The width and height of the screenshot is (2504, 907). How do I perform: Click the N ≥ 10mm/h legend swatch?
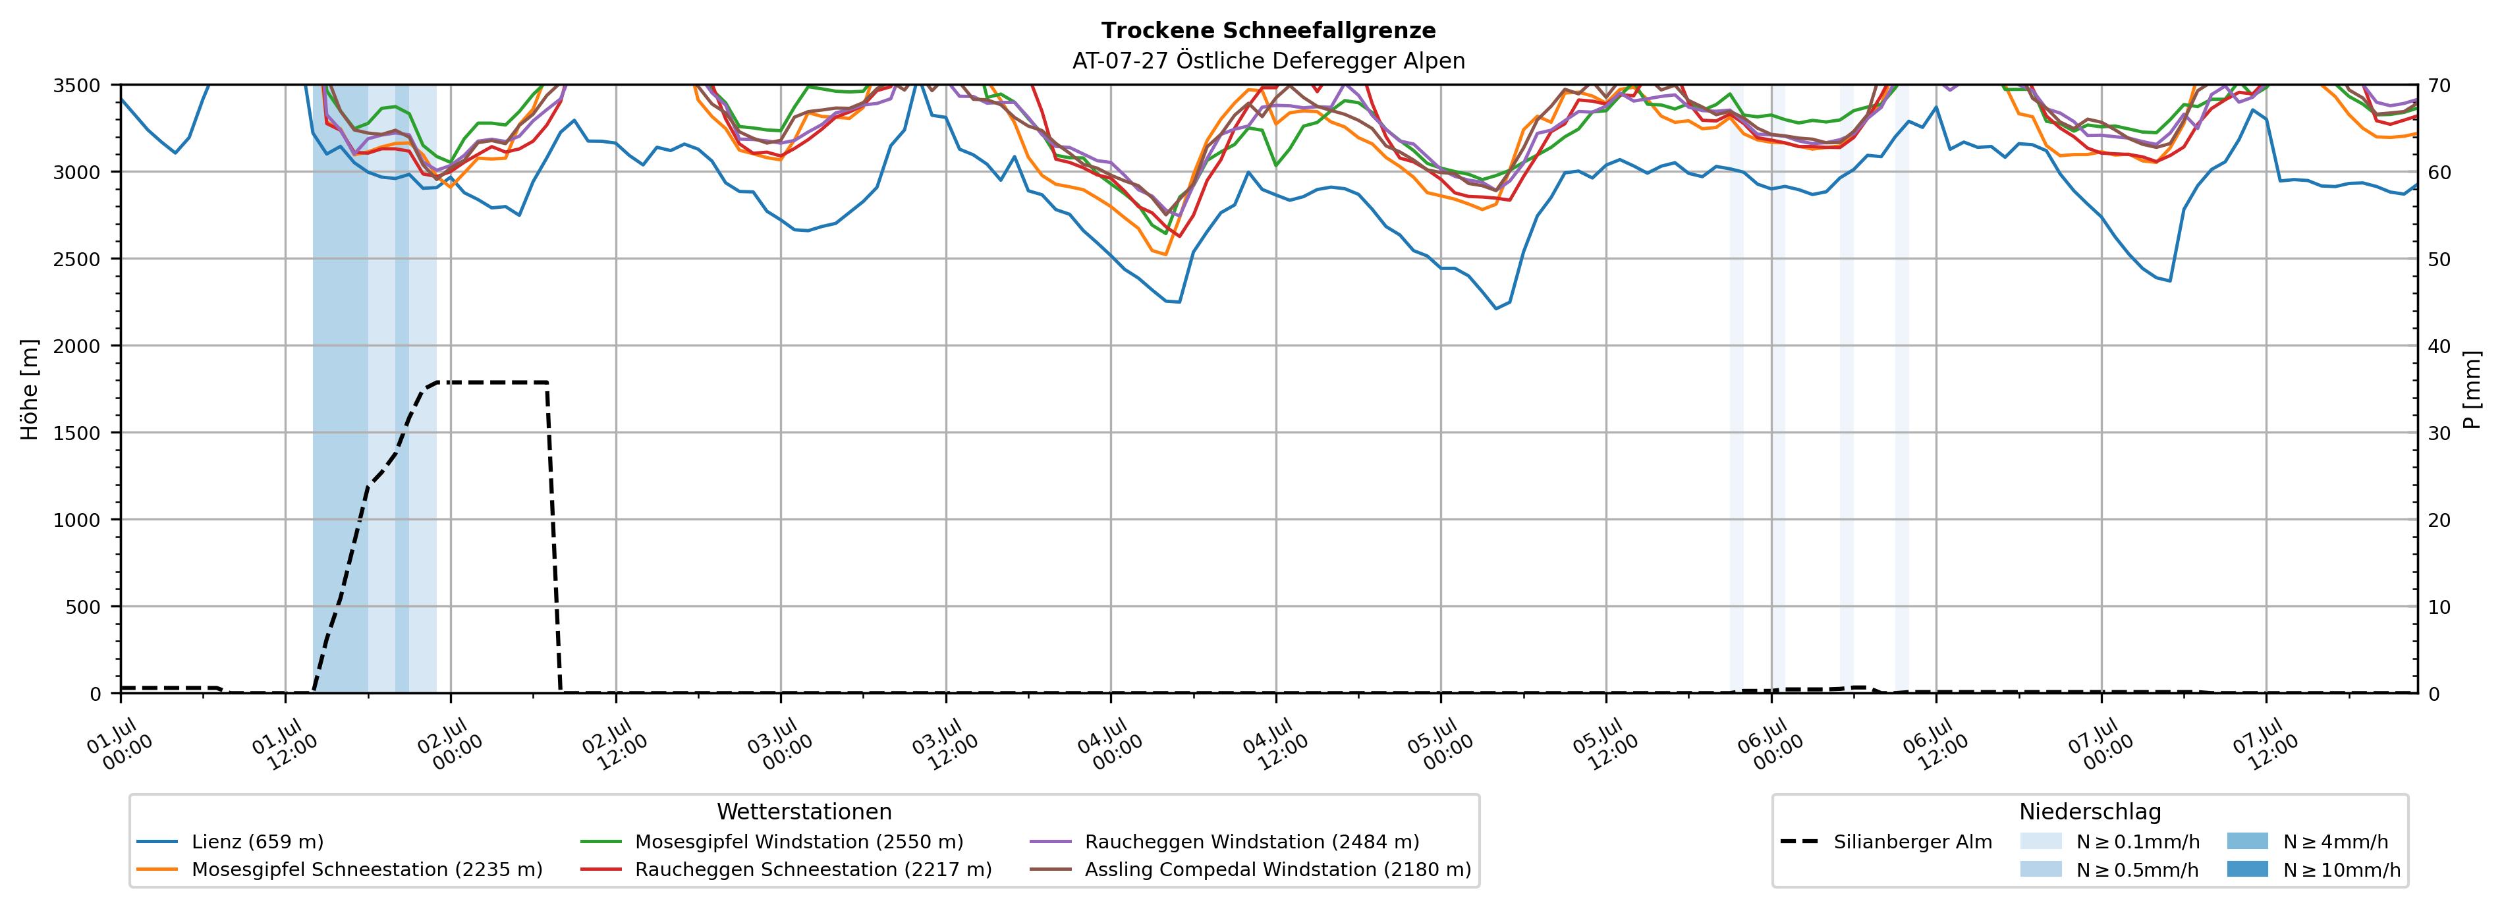tap(2246, 869)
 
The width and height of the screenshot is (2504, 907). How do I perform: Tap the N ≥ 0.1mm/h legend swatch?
tap(2040, 842)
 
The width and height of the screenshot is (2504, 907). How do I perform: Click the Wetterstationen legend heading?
tap(804, 811)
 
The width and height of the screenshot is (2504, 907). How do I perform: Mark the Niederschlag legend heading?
tap(2090, 811)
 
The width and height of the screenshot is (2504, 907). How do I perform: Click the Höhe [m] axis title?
tap(30, 389)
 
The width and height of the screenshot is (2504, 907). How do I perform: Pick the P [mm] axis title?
tap(2472, 389)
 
